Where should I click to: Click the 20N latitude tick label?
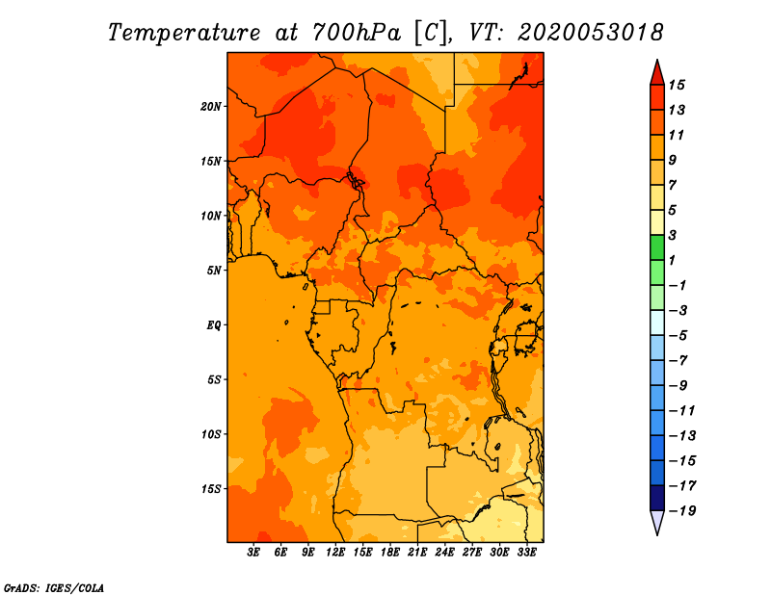(211, 107)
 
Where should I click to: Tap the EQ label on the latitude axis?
(213, 325)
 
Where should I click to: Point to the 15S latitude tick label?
(211, 489)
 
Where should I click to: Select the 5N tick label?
(214, 271)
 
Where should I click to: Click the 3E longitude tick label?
(253, 552)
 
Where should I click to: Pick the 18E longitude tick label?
(390, 552)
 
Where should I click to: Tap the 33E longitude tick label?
(526, 552)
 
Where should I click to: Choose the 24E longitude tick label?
(444, 552)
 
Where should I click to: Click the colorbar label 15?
(677, 85)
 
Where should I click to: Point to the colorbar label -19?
(682, 511)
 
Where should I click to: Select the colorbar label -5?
(678, 336)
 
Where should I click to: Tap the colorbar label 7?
(673, 185)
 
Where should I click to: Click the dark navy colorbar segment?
(657, 498)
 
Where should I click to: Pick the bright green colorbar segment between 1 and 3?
(657, 247)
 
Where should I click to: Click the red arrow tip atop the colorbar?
(657, 60)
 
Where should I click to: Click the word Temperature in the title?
(183, 33)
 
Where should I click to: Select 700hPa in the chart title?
(356, 33)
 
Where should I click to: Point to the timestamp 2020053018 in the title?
(590, 33)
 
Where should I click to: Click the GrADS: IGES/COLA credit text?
(54, 588)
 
